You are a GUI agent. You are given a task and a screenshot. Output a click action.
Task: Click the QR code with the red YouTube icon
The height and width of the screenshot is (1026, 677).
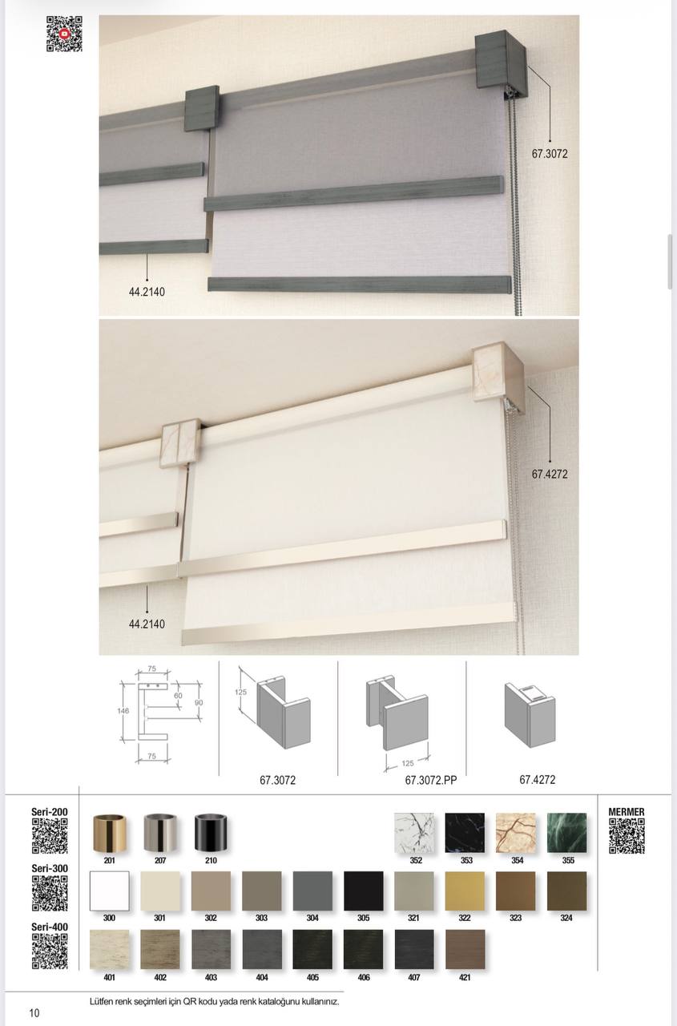(x=64, y=34)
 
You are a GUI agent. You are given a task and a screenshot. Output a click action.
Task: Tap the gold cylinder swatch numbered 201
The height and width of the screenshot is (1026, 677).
(x=110, y=833)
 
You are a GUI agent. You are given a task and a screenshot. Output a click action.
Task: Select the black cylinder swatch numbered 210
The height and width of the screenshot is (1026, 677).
(x=211, y=833)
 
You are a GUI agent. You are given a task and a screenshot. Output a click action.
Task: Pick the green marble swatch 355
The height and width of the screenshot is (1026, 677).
(x=566, y=833)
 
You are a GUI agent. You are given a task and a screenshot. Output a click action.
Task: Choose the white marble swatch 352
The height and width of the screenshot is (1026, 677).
(x=414, y=833)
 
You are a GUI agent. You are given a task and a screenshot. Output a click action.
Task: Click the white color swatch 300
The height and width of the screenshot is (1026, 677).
(x=110, y=891)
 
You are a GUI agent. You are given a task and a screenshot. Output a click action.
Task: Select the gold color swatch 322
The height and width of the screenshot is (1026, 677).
(x=465, y=891)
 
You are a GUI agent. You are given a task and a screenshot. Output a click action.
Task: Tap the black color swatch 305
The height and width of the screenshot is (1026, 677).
(x=364, y=891)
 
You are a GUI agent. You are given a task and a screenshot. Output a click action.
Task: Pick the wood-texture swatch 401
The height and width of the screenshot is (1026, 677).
(x=110, y=950)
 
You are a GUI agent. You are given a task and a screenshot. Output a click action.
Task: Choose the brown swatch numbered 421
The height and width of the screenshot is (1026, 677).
(x=465, y=950)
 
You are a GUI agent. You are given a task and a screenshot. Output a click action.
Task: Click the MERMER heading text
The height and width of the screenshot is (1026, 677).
(x=627, y=812)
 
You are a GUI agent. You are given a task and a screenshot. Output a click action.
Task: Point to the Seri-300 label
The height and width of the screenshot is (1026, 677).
(x=50, y=868)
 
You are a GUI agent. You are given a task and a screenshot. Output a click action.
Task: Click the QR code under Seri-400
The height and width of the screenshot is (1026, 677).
(x=50, y=951)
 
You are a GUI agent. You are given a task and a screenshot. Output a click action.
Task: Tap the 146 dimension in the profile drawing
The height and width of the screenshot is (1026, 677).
(x=123, y=711)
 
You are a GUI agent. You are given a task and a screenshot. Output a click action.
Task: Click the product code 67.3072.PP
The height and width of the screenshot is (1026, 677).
(x=431, y=780)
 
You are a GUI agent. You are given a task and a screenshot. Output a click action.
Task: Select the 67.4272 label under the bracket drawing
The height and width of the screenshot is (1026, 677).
(x=538, y=780)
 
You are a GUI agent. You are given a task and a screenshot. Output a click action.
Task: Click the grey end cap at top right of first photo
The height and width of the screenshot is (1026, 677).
(x=501, y=59)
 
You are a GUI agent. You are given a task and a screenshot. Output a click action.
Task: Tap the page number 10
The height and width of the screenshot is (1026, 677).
(x=34, y=1012)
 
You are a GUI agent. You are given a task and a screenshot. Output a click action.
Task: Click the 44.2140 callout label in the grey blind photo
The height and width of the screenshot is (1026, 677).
(x=147, y=292)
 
